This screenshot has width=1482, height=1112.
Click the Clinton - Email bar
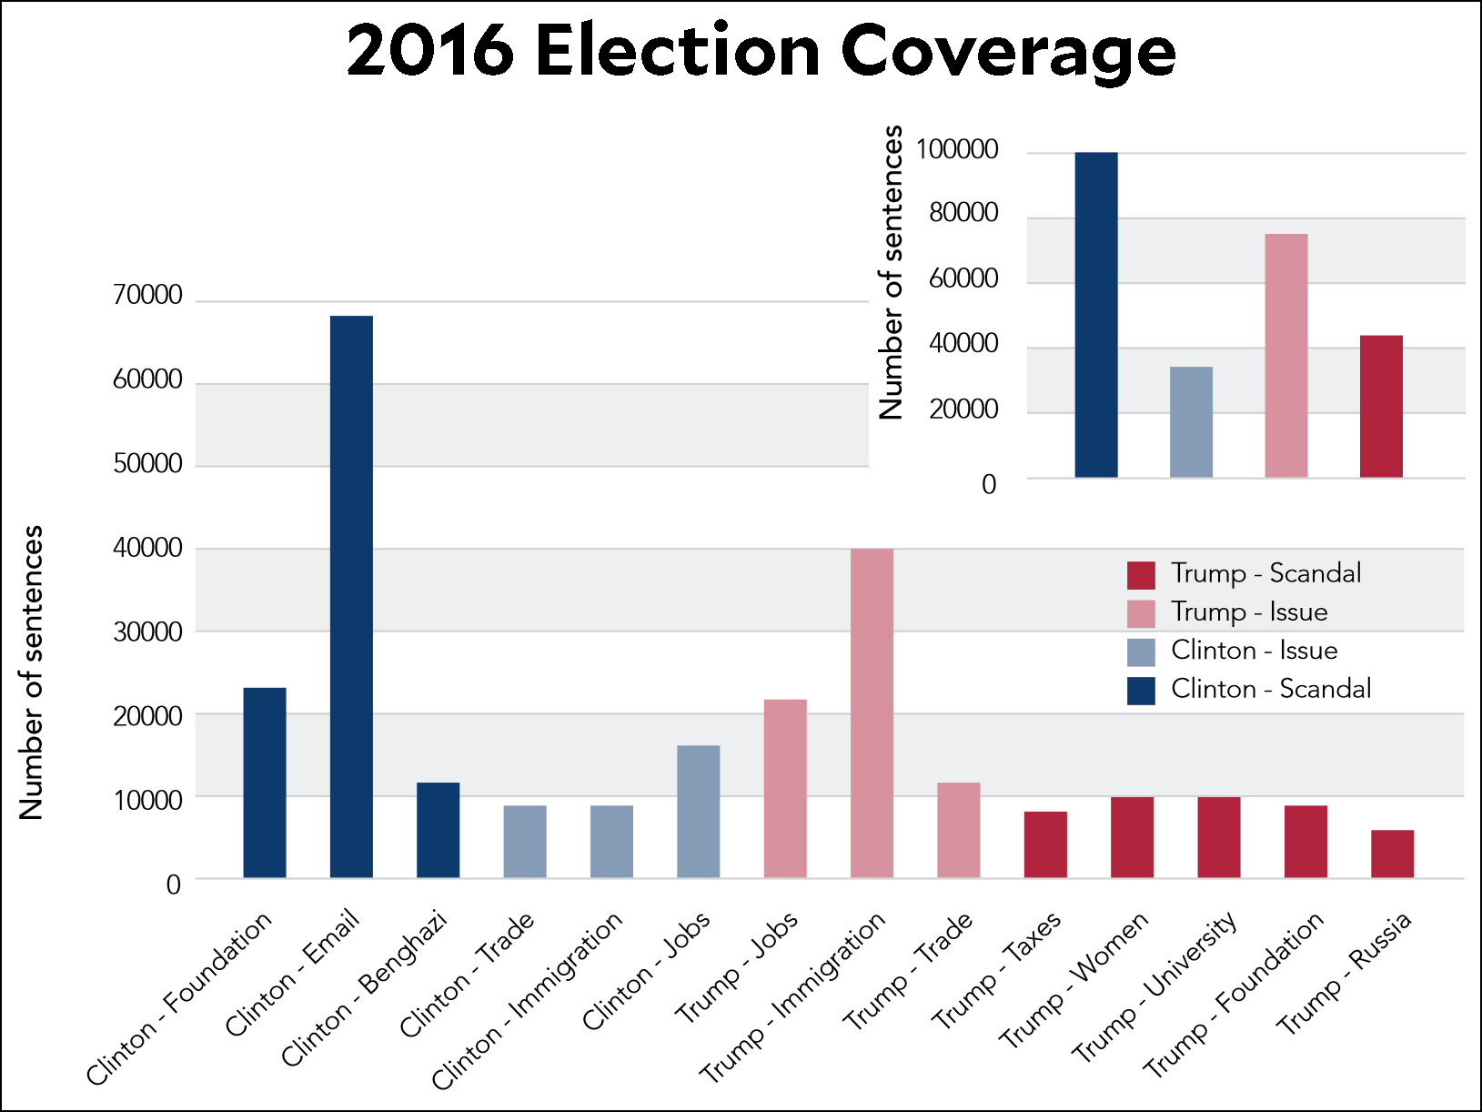coord(351,596)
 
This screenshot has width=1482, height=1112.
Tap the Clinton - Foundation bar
coord(265,783)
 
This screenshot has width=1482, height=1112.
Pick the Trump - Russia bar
coord(1392,854)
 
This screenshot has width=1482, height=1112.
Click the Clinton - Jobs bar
coord(699,811)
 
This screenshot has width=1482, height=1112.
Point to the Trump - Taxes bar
coord(1045,844)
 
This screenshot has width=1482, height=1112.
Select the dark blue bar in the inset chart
coord(1096,315)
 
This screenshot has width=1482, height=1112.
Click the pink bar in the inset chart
coord(1286,355)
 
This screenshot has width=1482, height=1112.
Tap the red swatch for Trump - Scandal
coord(1141,575)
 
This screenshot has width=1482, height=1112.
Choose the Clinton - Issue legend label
coord(1254,651)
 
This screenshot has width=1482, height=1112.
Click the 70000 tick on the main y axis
coord(147,296)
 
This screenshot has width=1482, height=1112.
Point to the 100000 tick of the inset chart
coord(957,150)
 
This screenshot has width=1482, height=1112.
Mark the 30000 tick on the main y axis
coord(147,632)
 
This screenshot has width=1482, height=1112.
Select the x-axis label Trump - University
coord(1155,987)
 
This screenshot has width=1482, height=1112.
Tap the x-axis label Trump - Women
coord(1074,980)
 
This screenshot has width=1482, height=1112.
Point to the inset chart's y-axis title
coord(892,272)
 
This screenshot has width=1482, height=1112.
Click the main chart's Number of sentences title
coord(32,672)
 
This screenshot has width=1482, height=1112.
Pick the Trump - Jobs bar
coord(785,788)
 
